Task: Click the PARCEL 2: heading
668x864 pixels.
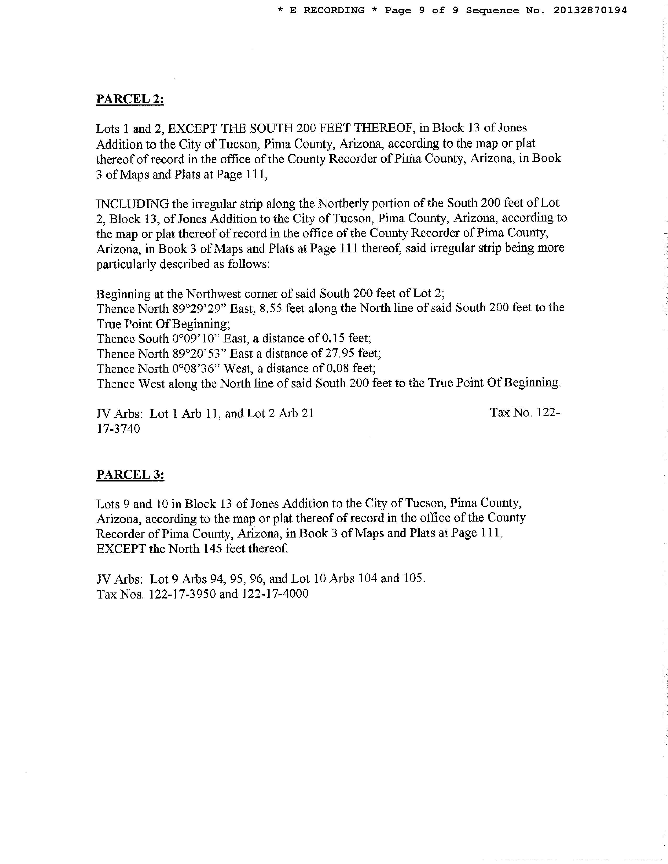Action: pyautogui.click(x=130, y=98)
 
